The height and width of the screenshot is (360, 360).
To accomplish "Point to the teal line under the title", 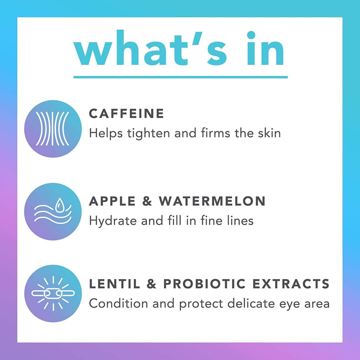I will click(x=180, y=77).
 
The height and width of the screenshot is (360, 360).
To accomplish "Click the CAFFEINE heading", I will click(x=127, y=114).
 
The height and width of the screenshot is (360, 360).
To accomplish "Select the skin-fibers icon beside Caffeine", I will click(x=53, y=129).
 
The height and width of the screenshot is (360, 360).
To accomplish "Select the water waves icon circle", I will click(x=53, y=212).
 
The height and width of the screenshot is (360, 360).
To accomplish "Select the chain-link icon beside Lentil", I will click(x=53, y=293).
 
